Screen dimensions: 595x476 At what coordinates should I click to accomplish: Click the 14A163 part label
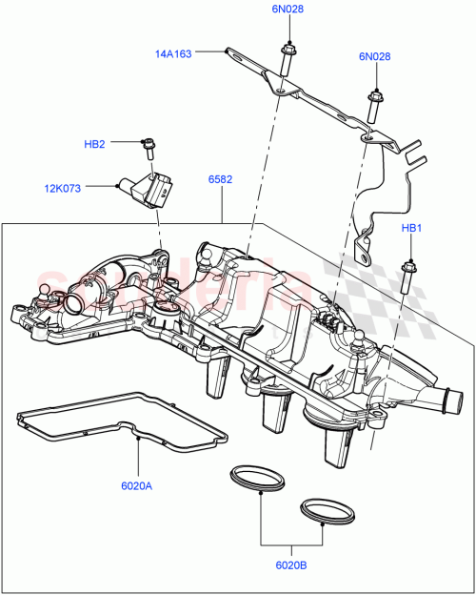pyautogui.click(x=173, y=54)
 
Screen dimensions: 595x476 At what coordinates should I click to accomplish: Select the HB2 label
pyautogui.click(x=94, y=144)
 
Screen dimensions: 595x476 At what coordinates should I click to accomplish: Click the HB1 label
pyautogui.click(x=410, y=228)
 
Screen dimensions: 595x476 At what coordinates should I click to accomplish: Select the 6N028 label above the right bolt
pyautogui.click(x=374, y=57)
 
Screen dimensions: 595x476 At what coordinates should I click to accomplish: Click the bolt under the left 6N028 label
pyautogui.click(x=285, y=59)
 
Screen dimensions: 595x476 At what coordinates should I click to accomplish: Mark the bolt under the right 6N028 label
pyautogui.click(x=373, y=107)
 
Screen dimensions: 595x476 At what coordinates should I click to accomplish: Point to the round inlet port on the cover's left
pyautogui.click(x=76, y=303)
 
